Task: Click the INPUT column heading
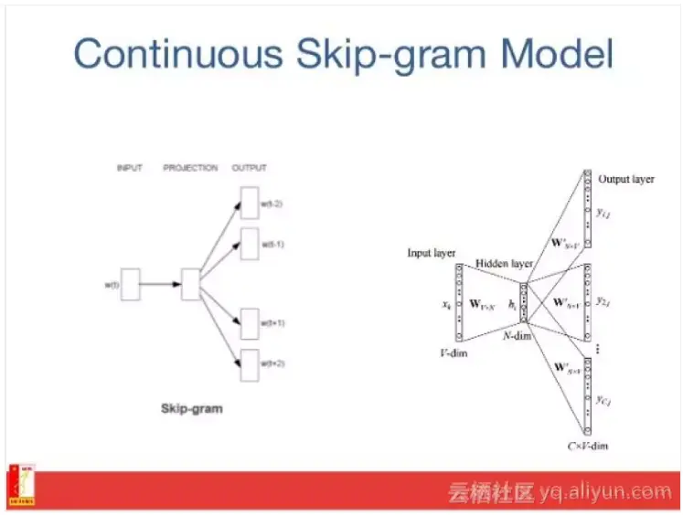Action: [130, 168]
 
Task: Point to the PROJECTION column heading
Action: [190, 168]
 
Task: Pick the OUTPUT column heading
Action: [250, 168]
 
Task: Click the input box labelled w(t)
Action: [130, 284]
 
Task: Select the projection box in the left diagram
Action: [190, 284]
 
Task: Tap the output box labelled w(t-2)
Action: [250, 204]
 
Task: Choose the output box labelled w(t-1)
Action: [250, 245]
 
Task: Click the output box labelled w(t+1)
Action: [250, 323]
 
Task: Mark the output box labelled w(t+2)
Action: [250, 364]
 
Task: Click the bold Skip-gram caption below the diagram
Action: [191, 408]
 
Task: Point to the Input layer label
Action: [432, 252]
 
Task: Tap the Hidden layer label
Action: [504, 264]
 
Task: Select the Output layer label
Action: [626, 179]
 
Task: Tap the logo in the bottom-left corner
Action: [21, 485]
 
